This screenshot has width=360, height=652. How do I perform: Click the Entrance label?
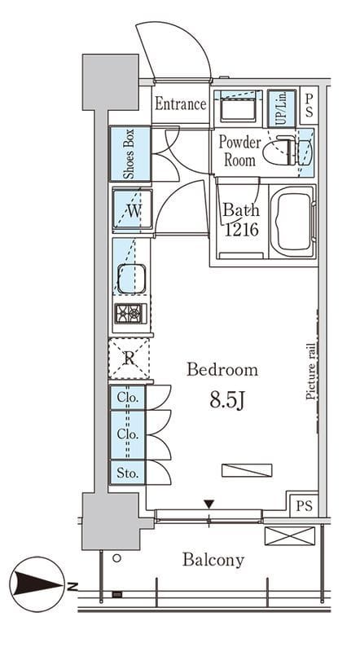click(x=181, y=104)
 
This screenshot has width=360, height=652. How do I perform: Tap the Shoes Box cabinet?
click(x=130, y=153)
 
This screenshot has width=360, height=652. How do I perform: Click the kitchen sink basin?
click(x=131, y=279)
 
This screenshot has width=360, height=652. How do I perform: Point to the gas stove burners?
click(x=131, y=314)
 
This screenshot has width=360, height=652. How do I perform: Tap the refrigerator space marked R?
click(x=129, y=358)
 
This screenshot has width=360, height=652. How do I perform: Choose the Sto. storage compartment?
click(x=127, y=473)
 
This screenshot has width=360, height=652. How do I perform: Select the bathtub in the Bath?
click(x=292, y=221)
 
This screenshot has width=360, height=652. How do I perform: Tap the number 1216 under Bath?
click(x=242, y=229)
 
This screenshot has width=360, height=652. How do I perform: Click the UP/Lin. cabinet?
click(x=282, y=108)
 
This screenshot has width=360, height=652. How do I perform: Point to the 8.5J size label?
click(x=226, y=401)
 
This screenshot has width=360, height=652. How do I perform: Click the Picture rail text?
click(x=310, y=372)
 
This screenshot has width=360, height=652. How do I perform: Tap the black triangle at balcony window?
click(x=209, y=504)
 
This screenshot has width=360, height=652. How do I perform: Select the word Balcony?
click(x=213, y=560)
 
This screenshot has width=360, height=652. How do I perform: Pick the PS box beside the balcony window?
click(x=304, y=505)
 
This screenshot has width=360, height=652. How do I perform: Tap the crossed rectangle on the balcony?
click(x=290, y=535)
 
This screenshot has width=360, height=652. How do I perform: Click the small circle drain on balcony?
click(x=117, y=558)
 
